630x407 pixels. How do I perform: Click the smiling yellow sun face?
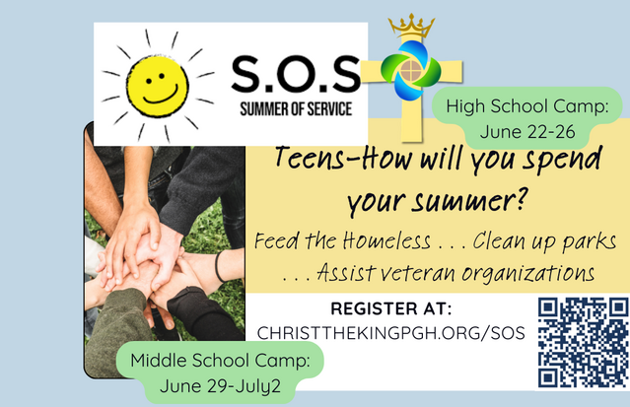pos(158,86)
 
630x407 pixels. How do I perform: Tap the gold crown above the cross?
pos(411,26)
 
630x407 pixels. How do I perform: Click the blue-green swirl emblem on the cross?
pos(411,70)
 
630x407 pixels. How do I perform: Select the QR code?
pos(584,343)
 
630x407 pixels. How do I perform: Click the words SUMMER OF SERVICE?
pos(296,109)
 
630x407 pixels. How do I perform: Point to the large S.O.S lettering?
pos(296,74)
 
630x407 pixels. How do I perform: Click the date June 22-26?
pos(527,132)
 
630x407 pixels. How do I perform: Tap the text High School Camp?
pos(527,106)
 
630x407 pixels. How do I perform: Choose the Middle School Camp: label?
pos(220,360)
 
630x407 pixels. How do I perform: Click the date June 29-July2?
pos(220,386)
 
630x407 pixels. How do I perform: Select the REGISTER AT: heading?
pos(391,308)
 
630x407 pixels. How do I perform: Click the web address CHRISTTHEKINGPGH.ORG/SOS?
pos(391,333)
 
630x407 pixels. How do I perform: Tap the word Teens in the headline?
pos(310,158)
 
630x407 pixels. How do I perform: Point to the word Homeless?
pos(386,241)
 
